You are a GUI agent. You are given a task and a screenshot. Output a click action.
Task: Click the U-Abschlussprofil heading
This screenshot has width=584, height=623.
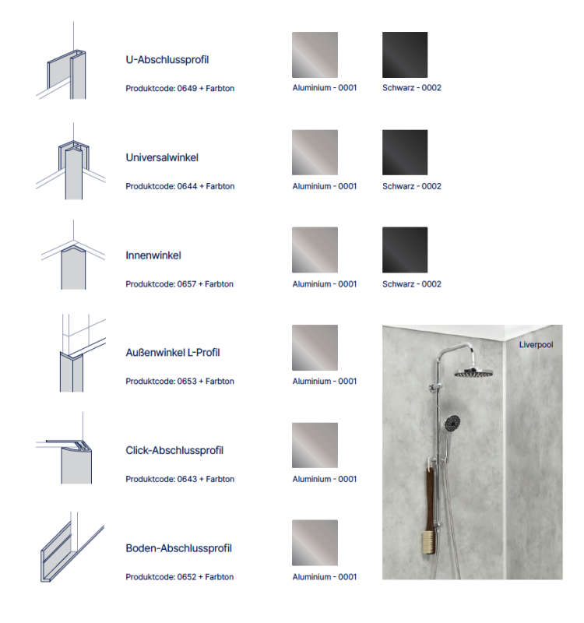167,59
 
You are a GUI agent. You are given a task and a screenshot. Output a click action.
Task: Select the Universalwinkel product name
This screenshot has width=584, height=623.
162,157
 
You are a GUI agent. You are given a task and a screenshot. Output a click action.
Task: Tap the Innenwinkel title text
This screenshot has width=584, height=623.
153,255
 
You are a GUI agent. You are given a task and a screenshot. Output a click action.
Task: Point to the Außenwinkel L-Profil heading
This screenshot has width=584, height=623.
172,353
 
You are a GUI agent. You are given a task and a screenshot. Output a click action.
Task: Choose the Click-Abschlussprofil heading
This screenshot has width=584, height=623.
174,451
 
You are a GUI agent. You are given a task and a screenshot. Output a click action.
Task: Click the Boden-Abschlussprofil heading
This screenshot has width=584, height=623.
178,548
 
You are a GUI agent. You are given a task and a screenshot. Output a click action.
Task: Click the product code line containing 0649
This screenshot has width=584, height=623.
180,89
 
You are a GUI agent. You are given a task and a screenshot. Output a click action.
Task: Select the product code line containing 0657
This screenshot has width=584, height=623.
180,284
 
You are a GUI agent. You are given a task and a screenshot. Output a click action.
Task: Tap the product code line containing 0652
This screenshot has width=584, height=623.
180,577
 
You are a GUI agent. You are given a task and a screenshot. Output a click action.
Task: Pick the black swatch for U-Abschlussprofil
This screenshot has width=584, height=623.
405,55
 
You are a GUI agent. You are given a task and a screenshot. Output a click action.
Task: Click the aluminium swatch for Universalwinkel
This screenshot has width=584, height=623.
315,153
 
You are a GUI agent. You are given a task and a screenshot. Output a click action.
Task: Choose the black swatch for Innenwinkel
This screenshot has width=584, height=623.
405,250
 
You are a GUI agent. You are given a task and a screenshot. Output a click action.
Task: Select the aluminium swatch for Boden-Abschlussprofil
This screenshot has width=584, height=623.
315,543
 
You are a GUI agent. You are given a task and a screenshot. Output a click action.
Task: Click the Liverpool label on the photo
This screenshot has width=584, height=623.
536,344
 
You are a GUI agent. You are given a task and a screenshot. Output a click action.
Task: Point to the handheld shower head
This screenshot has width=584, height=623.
452,424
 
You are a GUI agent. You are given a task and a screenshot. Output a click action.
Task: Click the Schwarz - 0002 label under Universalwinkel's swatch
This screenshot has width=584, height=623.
411,187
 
